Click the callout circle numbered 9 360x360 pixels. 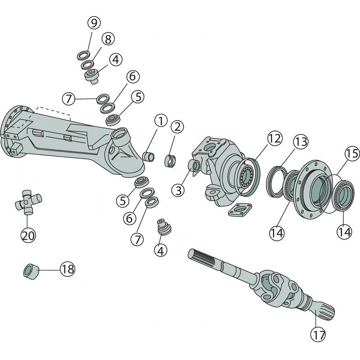[94, 22]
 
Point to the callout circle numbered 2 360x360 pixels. [177, 127]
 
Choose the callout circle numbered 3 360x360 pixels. [179, 190]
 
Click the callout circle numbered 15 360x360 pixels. [352, 154]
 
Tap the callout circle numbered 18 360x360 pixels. [67, 270]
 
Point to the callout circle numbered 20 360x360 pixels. [28, 235]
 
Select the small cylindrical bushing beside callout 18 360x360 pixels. [31, 271]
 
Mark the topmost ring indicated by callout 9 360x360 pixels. [83, 55]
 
